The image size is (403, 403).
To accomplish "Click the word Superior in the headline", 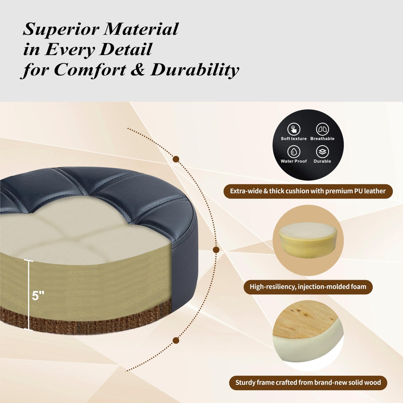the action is click(61, 29).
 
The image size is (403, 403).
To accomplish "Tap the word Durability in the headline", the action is click(194, 70).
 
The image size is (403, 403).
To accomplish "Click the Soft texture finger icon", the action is click(294, 129).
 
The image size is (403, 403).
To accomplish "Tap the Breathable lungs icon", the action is click(322, 129).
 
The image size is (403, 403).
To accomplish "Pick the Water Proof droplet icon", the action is click(294, 152).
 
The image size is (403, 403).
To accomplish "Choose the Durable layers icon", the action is click(322, 152).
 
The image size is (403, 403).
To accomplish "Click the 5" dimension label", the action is click(38, 296).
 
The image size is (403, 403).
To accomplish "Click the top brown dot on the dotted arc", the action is click(176, 159).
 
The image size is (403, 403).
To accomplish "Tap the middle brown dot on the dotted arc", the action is click(216, 250).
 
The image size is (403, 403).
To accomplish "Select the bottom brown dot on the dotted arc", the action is click(176, 341).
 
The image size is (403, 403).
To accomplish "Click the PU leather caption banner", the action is click(308, 191).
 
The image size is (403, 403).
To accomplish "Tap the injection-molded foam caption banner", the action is click(308, 287).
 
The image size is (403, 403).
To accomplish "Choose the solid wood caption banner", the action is click(308, 383).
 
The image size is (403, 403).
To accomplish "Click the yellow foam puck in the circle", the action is click(308, 240).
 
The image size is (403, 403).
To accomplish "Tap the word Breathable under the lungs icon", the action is click(322, 139).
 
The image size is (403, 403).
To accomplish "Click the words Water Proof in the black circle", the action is click(294, 161).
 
